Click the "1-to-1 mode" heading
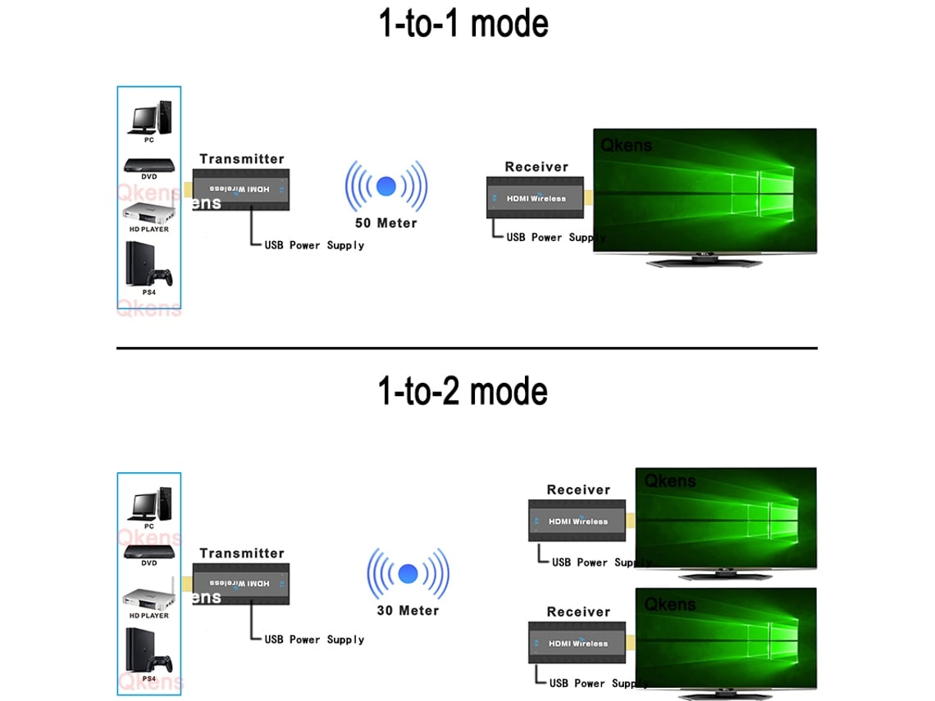coord(463,24)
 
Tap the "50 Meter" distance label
coord(385,223)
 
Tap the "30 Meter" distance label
coord(408,610)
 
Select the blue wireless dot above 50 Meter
coord(385,186)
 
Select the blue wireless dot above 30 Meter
coord(408,572)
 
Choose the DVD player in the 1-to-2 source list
coord(148,551)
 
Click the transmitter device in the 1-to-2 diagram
coord(241,584)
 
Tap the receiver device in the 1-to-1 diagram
coord(535,198)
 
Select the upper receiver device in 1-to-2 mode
coord(577,521)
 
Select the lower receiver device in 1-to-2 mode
coord(577,644)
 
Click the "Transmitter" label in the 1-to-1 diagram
coord(241,159)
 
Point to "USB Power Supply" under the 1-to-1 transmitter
coord(314,245)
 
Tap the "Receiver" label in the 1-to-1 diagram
coord(536,166)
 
